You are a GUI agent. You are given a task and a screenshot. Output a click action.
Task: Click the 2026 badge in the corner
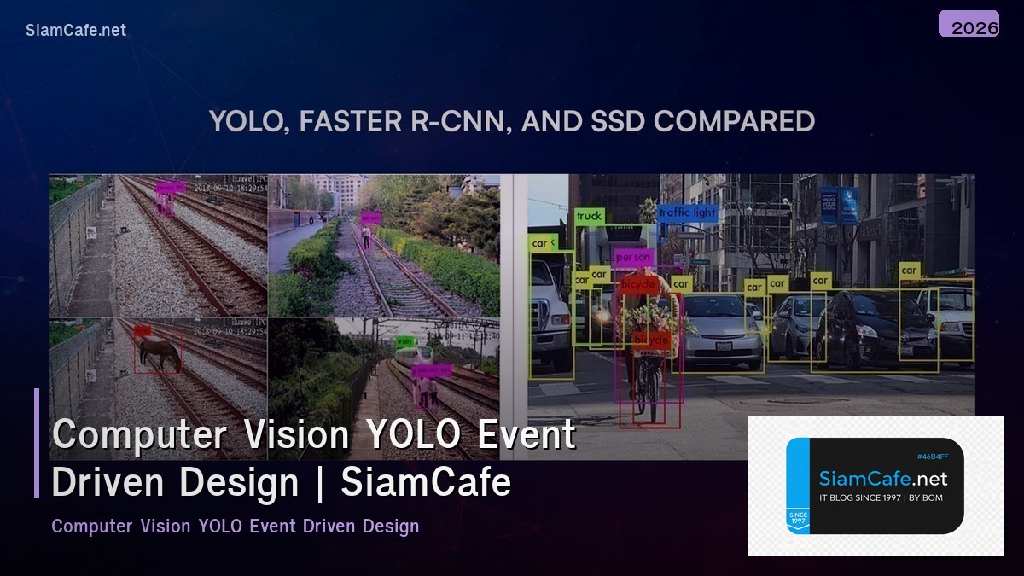coord(969,25)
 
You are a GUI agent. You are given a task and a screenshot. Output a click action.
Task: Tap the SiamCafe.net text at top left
coord(76,31)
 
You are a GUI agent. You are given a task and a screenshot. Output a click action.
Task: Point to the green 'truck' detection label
coord(590,217)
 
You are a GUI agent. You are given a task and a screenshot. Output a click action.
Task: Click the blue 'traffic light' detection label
coord(687,212)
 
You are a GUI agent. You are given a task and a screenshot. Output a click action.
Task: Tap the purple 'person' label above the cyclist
coord(633,257)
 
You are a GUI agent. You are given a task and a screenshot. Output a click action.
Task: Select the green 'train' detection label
coord(404,341)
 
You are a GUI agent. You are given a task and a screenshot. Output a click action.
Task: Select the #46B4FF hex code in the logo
coord(932,457)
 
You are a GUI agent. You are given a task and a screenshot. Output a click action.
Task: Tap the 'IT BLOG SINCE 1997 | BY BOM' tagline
coord(881,497)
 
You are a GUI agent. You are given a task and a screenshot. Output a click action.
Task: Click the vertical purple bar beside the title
coord(37,443)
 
